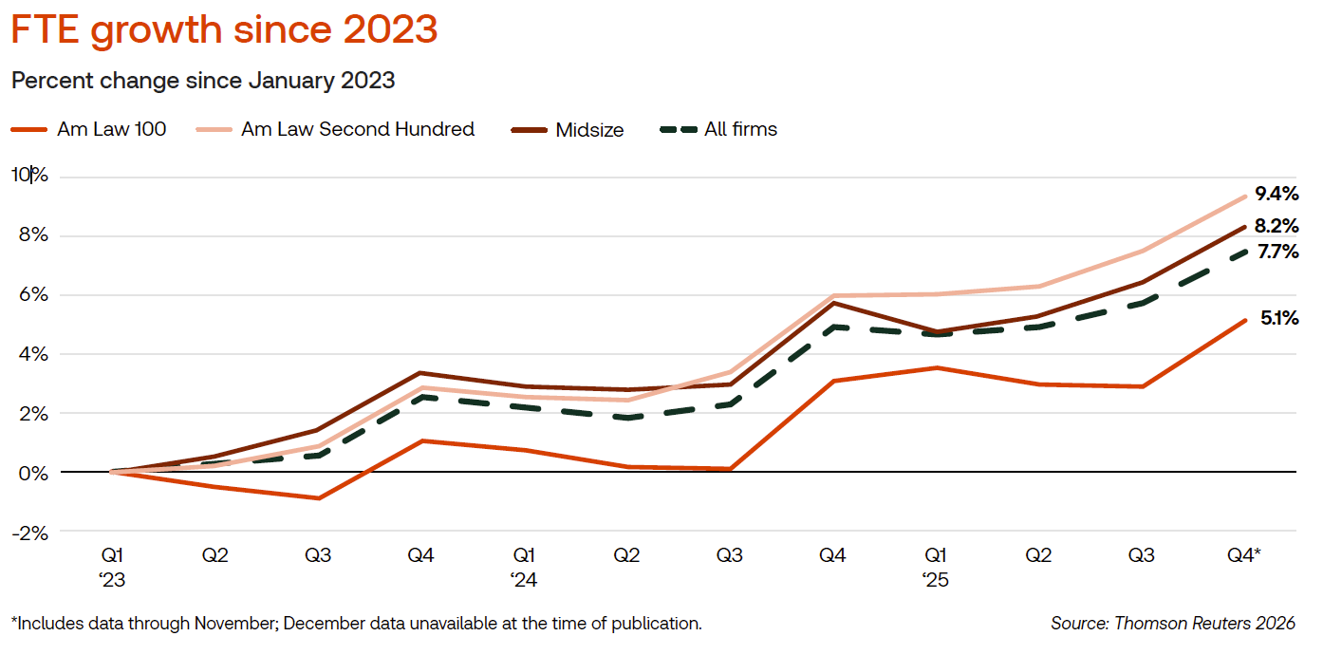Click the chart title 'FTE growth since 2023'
[224, 30]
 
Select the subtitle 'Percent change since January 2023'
[203, 81]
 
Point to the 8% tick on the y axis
[30, 236]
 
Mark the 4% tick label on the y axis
[30, 354]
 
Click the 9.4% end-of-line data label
[1276, 194]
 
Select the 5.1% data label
[1278, 319]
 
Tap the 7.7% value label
[1276, 253]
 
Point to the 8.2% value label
[1276, 227]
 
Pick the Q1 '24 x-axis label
[524, 566]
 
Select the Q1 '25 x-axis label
[936, 566]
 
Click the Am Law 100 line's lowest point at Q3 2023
[318, 498]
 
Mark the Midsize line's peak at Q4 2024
[832, 303]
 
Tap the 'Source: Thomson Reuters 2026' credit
[1172, 624]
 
